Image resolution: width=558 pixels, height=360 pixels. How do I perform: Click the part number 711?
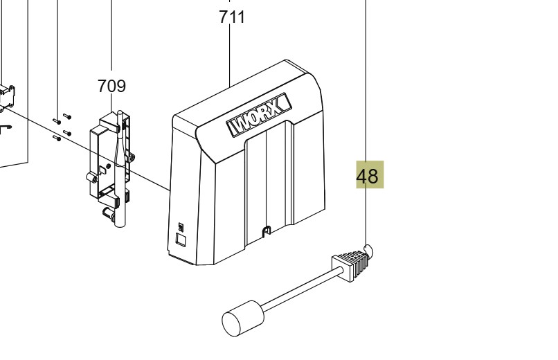point(232,17)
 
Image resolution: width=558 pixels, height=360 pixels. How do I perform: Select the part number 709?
point(111,86)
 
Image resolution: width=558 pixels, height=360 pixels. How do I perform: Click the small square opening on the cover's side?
point(181,239)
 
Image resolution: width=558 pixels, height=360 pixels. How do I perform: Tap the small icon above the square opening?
point(181,226)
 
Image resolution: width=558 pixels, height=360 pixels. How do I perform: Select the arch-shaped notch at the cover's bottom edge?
point(266,231)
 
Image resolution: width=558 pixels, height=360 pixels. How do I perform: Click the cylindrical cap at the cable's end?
point(242,318)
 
